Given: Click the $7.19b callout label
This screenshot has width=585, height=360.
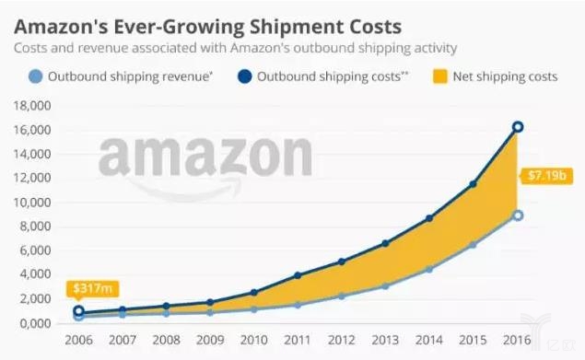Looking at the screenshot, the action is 545,175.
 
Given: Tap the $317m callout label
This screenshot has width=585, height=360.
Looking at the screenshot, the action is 92,289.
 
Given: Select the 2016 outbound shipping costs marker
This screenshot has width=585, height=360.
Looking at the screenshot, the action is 518,127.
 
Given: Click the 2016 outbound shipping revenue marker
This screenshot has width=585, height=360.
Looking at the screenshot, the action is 518,215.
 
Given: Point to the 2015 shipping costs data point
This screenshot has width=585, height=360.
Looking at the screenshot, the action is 473,184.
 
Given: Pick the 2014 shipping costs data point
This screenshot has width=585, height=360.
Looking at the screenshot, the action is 429,218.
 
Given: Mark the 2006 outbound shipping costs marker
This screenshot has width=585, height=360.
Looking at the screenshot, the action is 78,310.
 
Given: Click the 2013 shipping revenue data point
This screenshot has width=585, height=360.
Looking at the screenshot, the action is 385,286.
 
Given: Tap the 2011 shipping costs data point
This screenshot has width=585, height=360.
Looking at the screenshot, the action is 298,275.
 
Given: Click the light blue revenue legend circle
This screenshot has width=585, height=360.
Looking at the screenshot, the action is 35,76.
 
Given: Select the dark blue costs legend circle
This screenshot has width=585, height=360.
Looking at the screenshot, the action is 244,76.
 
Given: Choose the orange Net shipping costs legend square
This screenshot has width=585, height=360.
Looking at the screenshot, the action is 440,76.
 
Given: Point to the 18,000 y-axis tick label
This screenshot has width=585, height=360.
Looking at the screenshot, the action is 32,106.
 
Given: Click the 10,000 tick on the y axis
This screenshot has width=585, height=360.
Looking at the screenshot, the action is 32,203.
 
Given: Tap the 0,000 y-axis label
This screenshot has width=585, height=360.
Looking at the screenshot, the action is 35,323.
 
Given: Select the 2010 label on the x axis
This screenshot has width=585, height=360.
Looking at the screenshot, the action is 254,340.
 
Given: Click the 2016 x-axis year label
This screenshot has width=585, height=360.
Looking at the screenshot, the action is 517,340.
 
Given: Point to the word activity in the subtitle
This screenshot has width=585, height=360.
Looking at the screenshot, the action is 434,48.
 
